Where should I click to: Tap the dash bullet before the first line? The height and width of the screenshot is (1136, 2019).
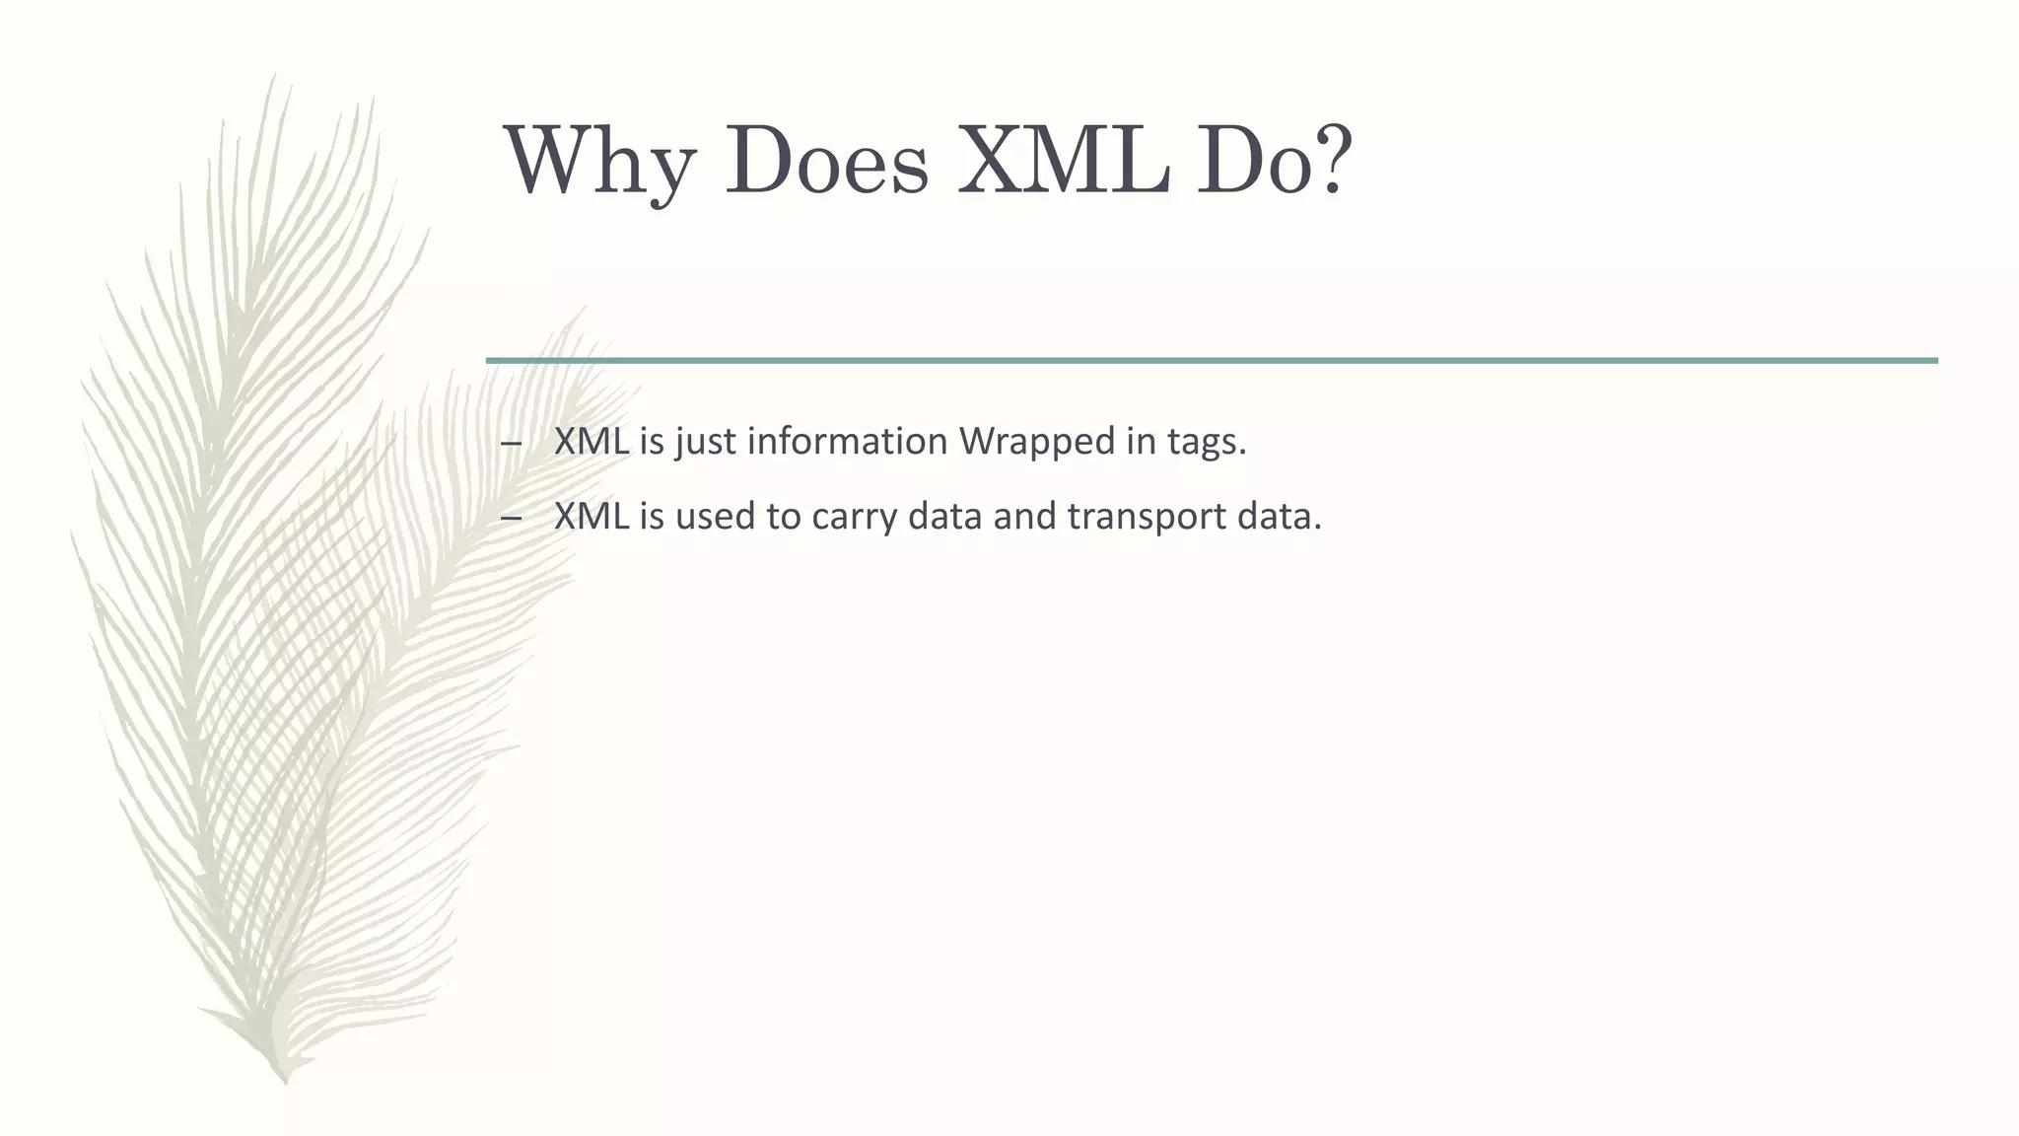click(x=511, y=443)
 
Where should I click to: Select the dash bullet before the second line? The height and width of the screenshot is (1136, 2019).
click(x=511, y=518)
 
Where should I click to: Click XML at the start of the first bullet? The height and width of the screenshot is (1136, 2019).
click(x=591, y=441)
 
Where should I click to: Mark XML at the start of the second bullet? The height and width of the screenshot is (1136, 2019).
click(x=591, y=516)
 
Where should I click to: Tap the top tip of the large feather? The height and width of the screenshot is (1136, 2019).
click(x=272, y=77)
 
